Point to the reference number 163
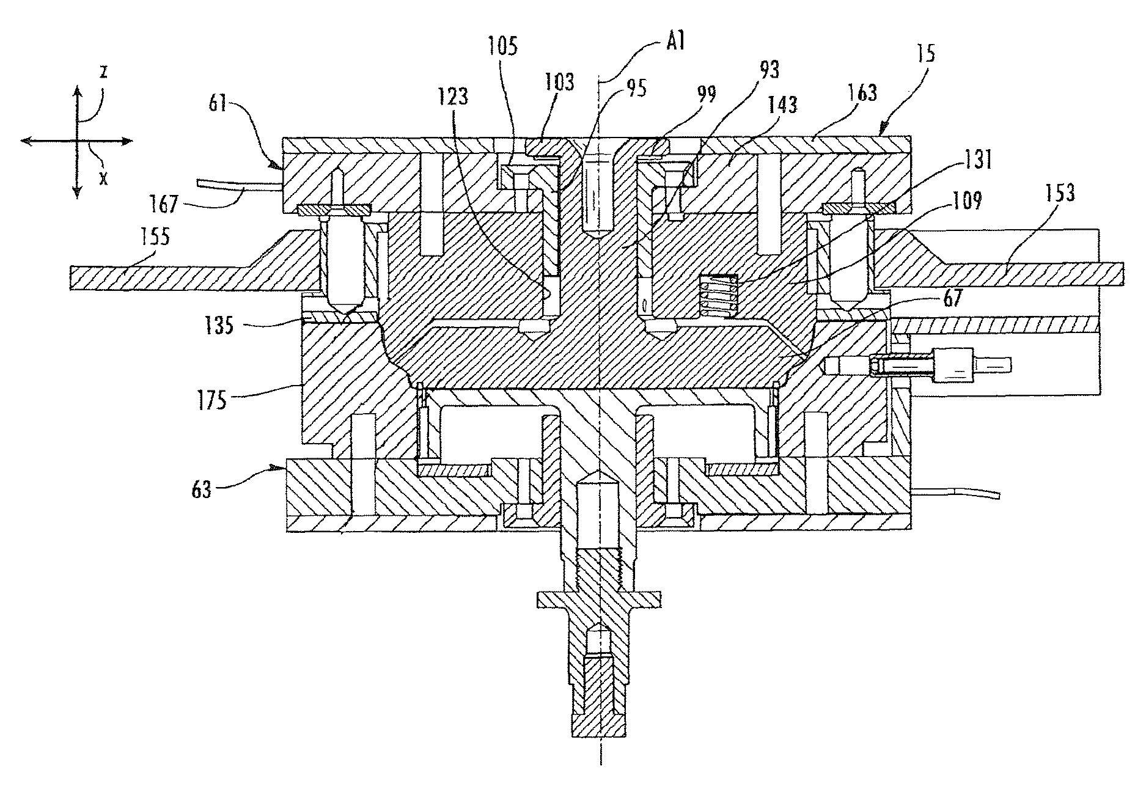coord(860,92)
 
